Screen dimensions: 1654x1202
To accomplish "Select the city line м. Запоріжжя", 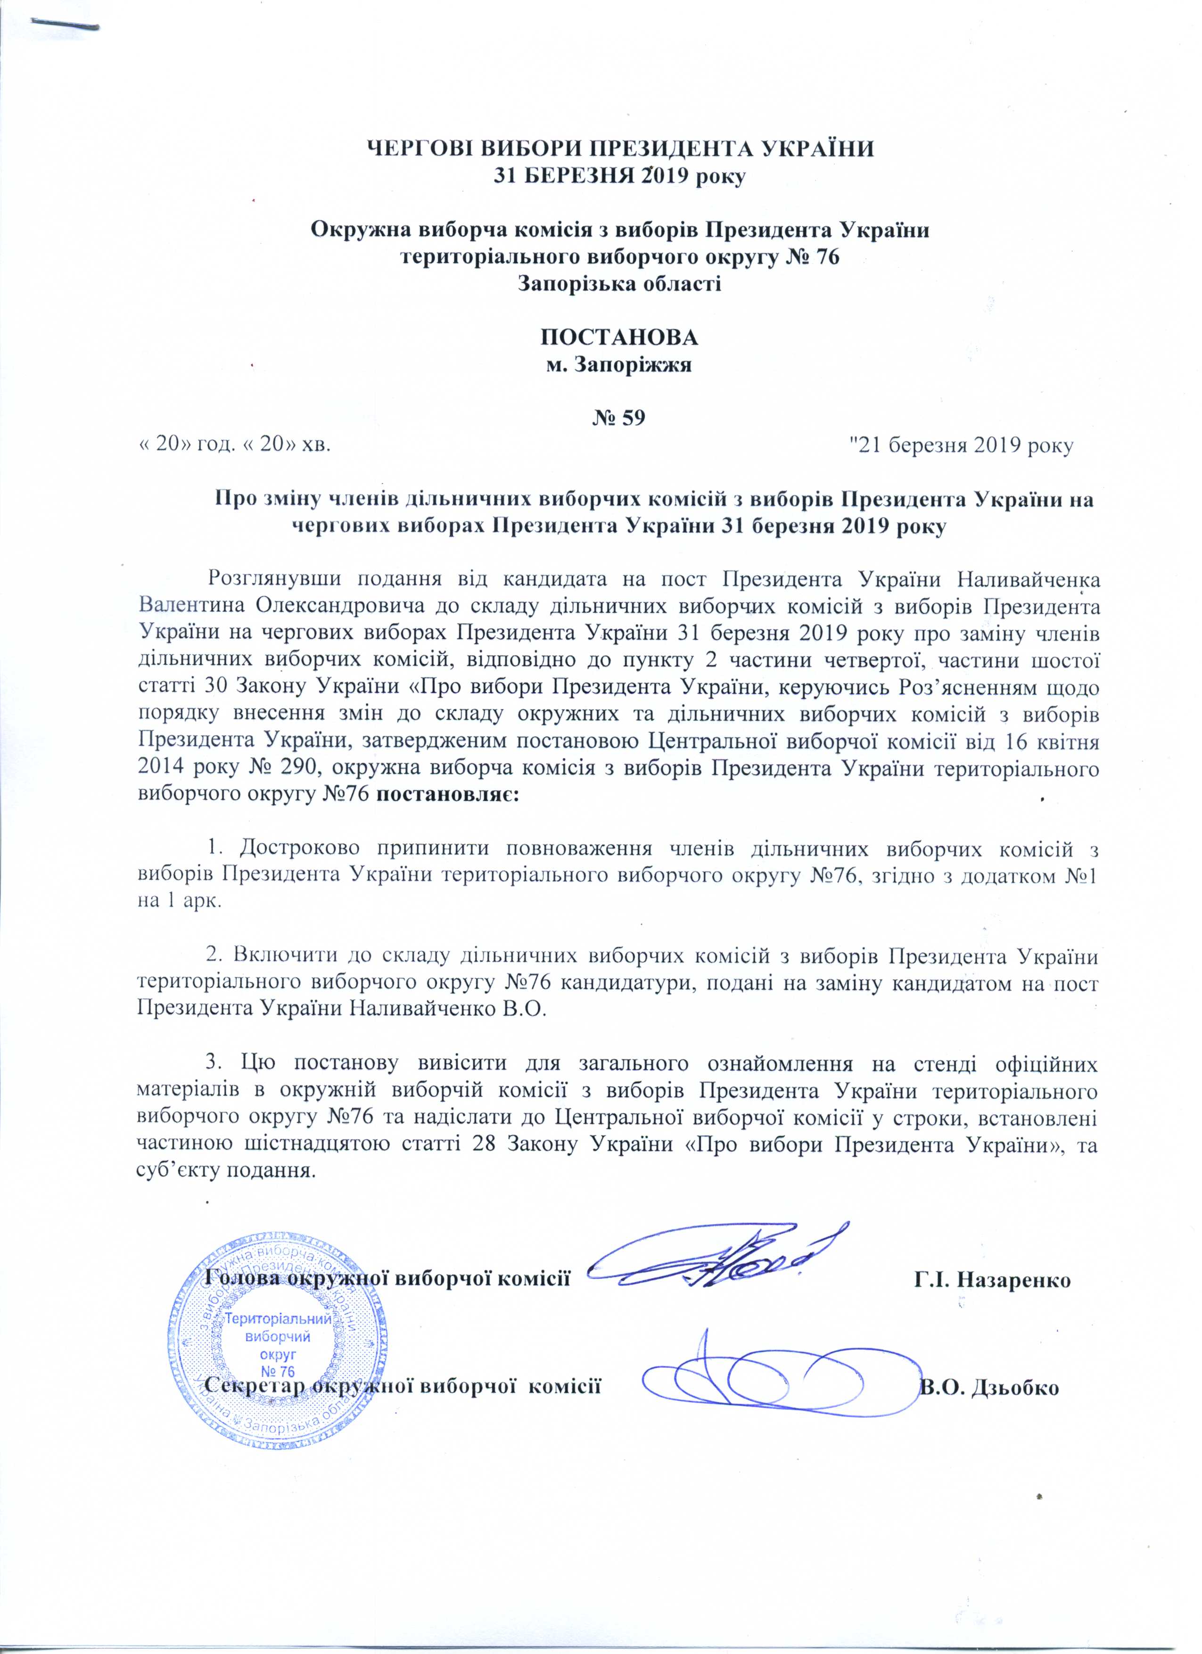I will pyautogui.click(x=618, y=365).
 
